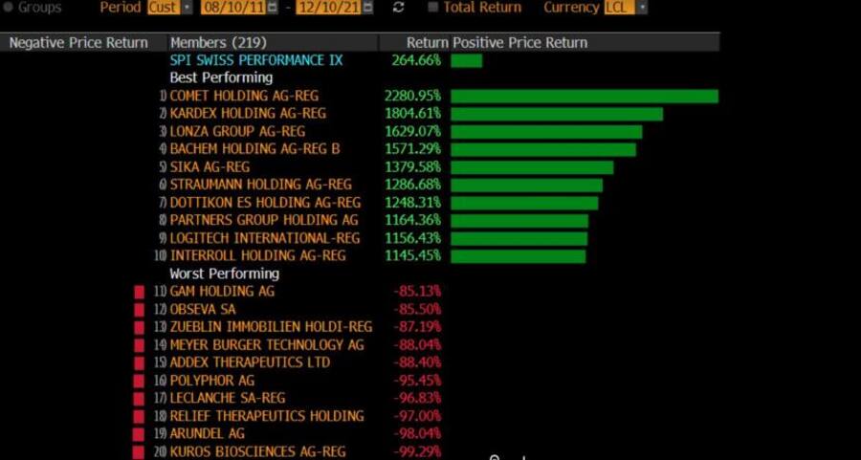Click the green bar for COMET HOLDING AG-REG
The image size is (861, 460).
584,96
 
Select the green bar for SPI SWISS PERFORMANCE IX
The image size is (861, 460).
467,60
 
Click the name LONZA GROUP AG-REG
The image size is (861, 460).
237,131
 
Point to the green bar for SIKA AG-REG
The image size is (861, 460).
532,167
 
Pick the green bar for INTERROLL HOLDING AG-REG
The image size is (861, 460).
518,256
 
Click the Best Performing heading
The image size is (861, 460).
221,77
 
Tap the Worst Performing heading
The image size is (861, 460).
225,274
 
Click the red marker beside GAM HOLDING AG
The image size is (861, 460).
139,291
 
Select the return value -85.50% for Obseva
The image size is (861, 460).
417,309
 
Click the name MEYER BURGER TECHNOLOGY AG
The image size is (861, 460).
267,344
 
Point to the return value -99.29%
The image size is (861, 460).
417,451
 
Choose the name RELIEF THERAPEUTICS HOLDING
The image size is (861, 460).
267,416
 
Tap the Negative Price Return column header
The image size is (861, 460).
78,42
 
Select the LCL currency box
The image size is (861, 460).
620,8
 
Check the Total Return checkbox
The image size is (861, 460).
434,8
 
